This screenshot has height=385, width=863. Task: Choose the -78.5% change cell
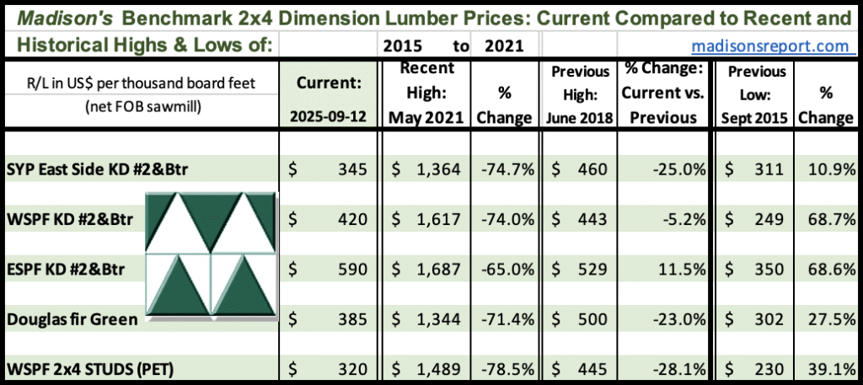click(511, 369)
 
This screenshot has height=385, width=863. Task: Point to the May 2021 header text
click(426, 118)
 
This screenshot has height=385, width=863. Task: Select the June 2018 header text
click(581, 118)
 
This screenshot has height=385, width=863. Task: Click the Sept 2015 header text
click(755, 118)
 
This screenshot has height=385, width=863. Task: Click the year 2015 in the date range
click(401, 45)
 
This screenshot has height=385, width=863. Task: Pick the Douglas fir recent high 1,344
click(435, 320)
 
